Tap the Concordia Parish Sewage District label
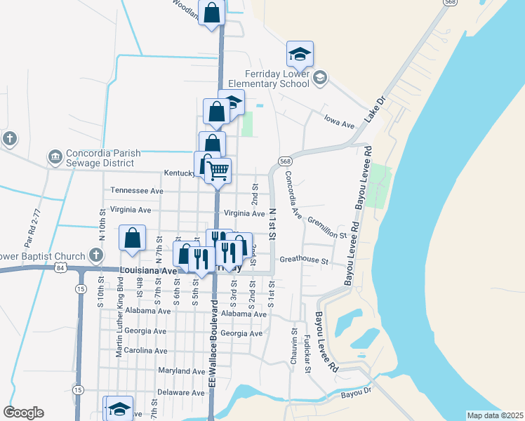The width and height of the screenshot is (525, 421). click(99, 158)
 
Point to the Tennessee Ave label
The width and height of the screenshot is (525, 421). click(137, 190)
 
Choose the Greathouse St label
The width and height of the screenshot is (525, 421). click(304, 260)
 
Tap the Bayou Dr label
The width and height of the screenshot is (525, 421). click(355, 395)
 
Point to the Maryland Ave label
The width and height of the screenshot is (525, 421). click(182, 370)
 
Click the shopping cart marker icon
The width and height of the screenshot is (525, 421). click(218, 169)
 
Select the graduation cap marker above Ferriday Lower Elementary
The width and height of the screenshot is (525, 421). click(300, 53)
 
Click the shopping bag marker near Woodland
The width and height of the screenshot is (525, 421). click(212, 12)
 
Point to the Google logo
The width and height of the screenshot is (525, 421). click(23, 413)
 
